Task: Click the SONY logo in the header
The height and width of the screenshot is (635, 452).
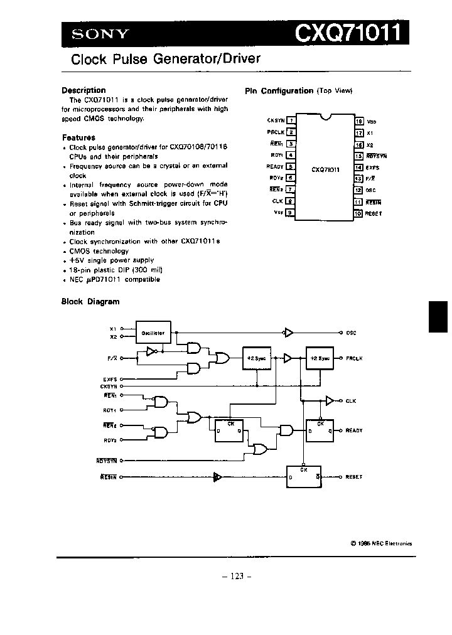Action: pyautogui.click(x=100, y=35)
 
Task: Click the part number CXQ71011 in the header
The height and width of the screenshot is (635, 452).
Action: pyautogui.click(x=347, y=33)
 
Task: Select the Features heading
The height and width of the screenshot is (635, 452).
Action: pyautogui.click(x=78, y=137)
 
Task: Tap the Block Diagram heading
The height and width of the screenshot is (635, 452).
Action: pyautogui.click(x=90, y=301)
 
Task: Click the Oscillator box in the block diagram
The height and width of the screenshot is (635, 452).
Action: pyautogui.click(x=153, y=333)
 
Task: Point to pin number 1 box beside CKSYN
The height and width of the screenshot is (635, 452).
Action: pyautogui.click(x=291, y=120)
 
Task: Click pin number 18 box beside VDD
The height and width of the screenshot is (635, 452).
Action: pyautogui.click(x=359, y=120)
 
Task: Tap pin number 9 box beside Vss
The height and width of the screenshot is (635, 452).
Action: pyautogui.click(x=291, y=213)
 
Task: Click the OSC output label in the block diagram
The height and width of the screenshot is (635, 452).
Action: pyautogui.click(x=351, y=333)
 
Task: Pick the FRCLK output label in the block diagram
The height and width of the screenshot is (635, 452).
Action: pyautogui.click(x=354, y=358)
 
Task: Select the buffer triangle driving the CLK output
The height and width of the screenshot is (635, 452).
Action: pyautogui.click(x=330, y=400)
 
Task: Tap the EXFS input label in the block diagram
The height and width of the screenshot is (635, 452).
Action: pyautogui.click(x=110, y=379)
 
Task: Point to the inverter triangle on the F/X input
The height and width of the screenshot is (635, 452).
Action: pyautogui.click(x=151, y=352)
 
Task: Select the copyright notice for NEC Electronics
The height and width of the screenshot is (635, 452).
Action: pyautogui.click(x=382, y=544)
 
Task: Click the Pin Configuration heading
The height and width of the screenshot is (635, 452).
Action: pyautogui.click(x=279, y=91)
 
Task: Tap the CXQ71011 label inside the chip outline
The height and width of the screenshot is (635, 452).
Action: pyautogui.click(x=325, y=169)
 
